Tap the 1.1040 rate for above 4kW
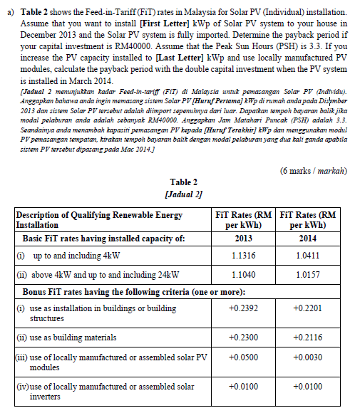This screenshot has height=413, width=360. click(x=243, y=274)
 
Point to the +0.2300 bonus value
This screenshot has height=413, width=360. click(x=243, y=338)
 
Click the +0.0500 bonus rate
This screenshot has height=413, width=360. click(x=243, y=356)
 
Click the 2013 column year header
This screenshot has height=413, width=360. click(x=243, y=238)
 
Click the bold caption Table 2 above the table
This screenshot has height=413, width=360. click(x=184, y=182)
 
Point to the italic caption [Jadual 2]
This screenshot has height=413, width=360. click(x=184, y=194)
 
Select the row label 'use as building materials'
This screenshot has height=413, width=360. click(x=66, y=338)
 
